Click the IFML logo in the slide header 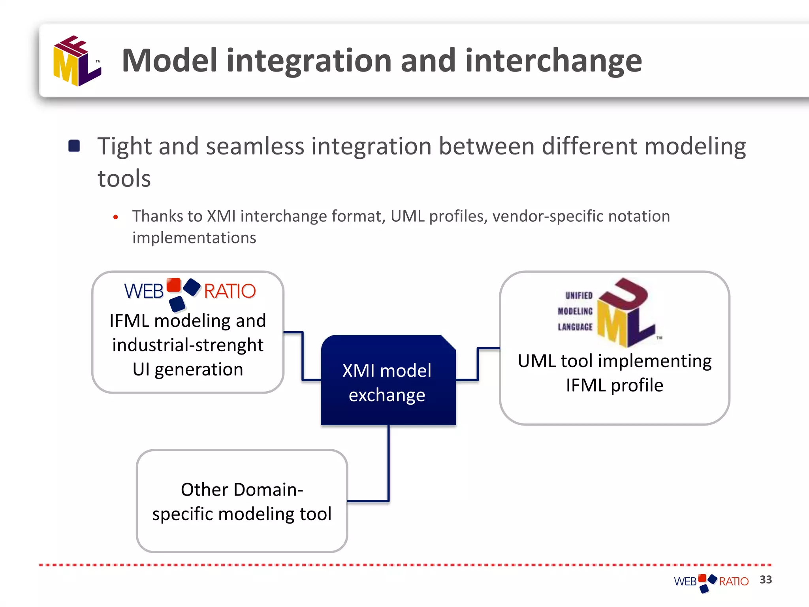(x=77, y=61)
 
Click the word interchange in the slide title (x=553, y=61)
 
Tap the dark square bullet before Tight (x=74, y=146)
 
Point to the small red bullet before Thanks (x=115, y=217)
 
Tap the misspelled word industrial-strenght (x=188, y=345)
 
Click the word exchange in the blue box (x=387, y=395)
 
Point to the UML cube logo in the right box (x=624, y=312)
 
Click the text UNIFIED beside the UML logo (x=579, y=296)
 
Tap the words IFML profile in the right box (x=614, y=385)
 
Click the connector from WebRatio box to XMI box (x=303, y=356)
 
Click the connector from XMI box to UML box (x=478, y=364)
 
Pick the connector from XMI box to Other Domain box (x=389, y=466)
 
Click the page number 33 (x=766, y=580)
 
